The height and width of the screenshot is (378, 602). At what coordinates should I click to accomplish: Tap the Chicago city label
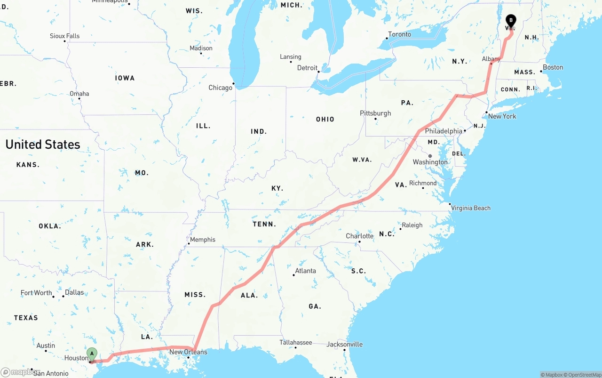[x=220, y=88]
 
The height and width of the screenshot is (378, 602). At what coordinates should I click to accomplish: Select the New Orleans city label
[x=188, y=352]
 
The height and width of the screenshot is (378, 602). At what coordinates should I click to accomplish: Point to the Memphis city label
[x=203, y=240]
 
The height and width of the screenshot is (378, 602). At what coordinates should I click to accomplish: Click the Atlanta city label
[x=306, y=271]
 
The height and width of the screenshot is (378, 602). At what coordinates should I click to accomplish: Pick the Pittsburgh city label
[x=375, y=113]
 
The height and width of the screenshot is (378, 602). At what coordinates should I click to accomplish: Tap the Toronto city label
[x=399, y=34]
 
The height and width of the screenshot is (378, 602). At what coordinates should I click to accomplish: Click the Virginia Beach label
[x=471, y=208]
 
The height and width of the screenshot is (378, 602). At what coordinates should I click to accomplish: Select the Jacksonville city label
[x=345, y=344]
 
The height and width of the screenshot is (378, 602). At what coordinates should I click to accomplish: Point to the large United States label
[x=43, y=145]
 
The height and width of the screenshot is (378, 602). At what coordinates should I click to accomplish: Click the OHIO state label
[x=325, y=120]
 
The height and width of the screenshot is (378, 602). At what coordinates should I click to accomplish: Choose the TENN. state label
[x=264, y=224]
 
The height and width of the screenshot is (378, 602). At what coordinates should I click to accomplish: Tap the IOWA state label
[x=125, y=78]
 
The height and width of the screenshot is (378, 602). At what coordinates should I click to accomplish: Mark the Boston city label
[x=553, y=67]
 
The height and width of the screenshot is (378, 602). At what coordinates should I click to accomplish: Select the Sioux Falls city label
[x=65, y=36]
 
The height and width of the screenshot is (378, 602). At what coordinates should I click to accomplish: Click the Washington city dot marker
[x=430, y=156]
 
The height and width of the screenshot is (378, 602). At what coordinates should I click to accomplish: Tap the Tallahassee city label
[x=296, y=342]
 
